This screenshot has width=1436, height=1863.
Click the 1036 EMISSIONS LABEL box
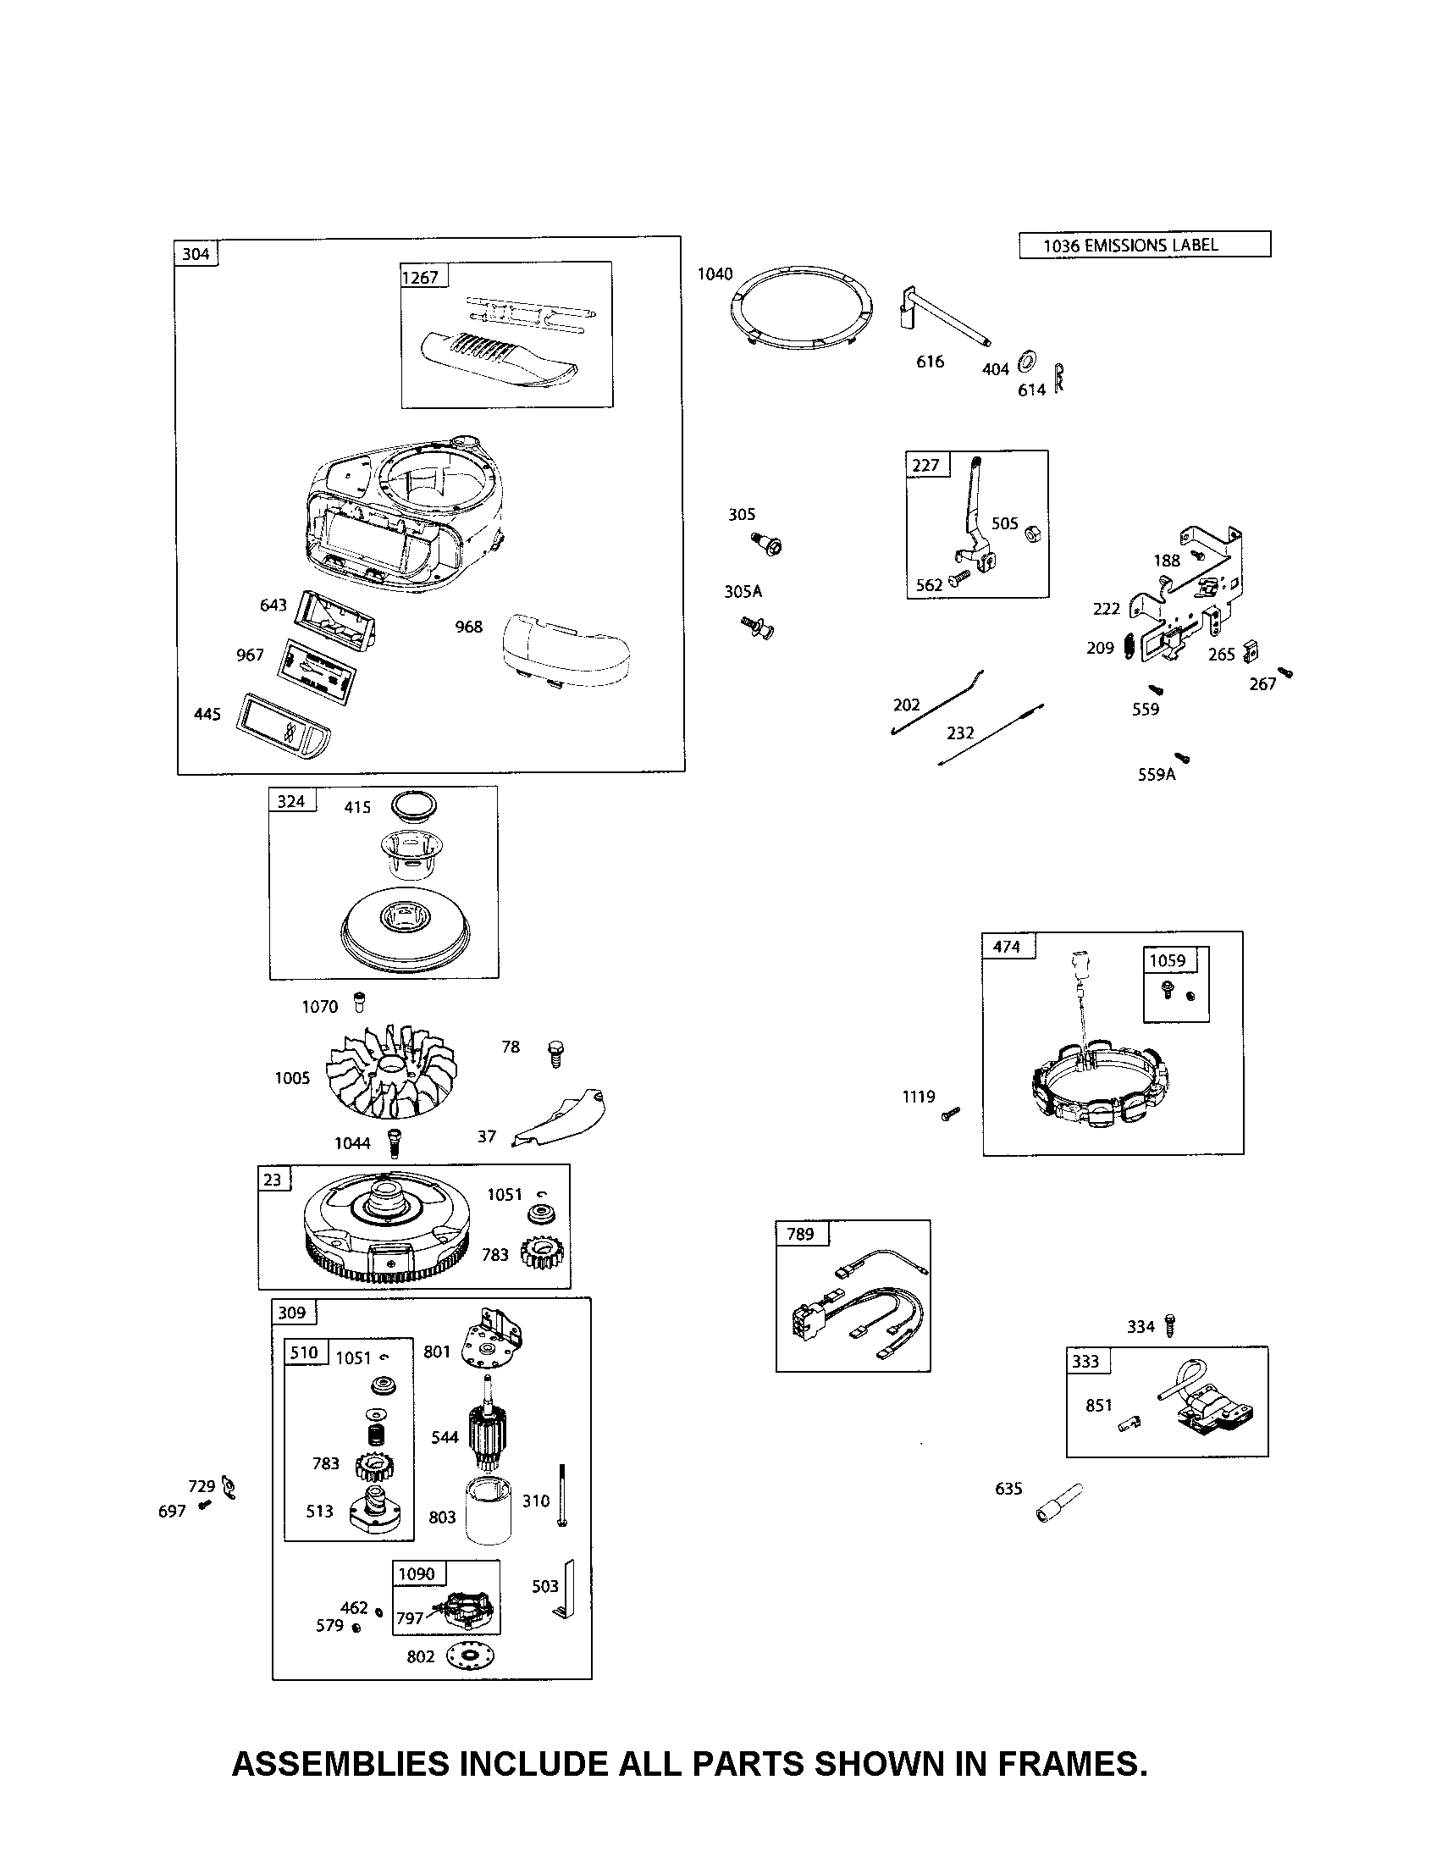pyautogui.click(x=1144, y=245)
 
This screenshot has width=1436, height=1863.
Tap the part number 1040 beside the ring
pyautogui.click(x=715, y=274)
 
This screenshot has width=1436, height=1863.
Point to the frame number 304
pyautogui.click(x=196, y=253)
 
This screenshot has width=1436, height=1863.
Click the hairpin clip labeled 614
pyautogui.click(x=1059, y=377)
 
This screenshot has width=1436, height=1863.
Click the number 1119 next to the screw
pyautogui.click(x=919, y=1097)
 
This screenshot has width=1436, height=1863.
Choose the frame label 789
pyautogui.click(x=800, y=1234)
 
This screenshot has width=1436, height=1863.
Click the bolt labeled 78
pyautogui.click(x=555, y=1053)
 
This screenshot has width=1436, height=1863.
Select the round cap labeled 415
pyautogui.click(x=413, y=804)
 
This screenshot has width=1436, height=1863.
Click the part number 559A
pyautogui.click(x=1157, y=774)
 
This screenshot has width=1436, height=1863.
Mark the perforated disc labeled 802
pyautogui.click(x=469, y=1656)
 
